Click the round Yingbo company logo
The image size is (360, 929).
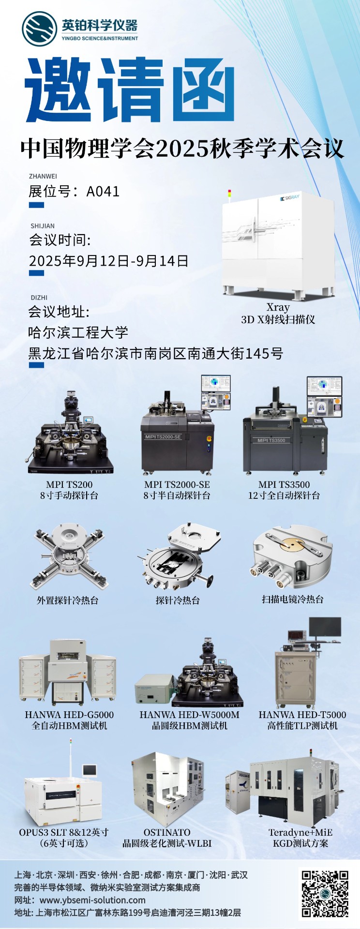pyautogui.click(x=39, y=29)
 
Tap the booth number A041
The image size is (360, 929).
pyautogui.click(x=103, y=192)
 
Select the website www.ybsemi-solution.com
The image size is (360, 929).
pyautogui.click(x=92, y=900)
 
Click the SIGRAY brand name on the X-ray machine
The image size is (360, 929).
pyautogui.click(x=290, y=198)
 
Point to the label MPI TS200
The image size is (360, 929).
pyautogui.click(x=69, y=484)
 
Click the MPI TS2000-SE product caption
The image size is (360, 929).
pyautogui.click(x=177, y=484)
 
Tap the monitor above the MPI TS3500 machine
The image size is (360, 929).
pyautogui.click(x=324, y=396)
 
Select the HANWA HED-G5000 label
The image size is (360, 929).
pyautogui.click(x=69, y=715)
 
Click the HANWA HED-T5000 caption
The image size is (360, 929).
pyautogui.click(x=302, y=715)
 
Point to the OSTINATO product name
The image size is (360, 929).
pyautogui.click(x=167, y=832)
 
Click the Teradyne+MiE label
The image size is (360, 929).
pyautogui.click(x=300, y=832)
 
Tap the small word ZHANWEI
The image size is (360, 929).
pyautogui.click(x=43, y=176)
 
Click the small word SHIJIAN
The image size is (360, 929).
pyautogui.click(x=43, y=226)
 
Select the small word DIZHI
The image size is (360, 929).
pyautogui.click(x=39, y=298)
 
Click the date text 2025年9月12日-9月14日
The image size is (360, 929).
pyautogui.click(x=109, y=261)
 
